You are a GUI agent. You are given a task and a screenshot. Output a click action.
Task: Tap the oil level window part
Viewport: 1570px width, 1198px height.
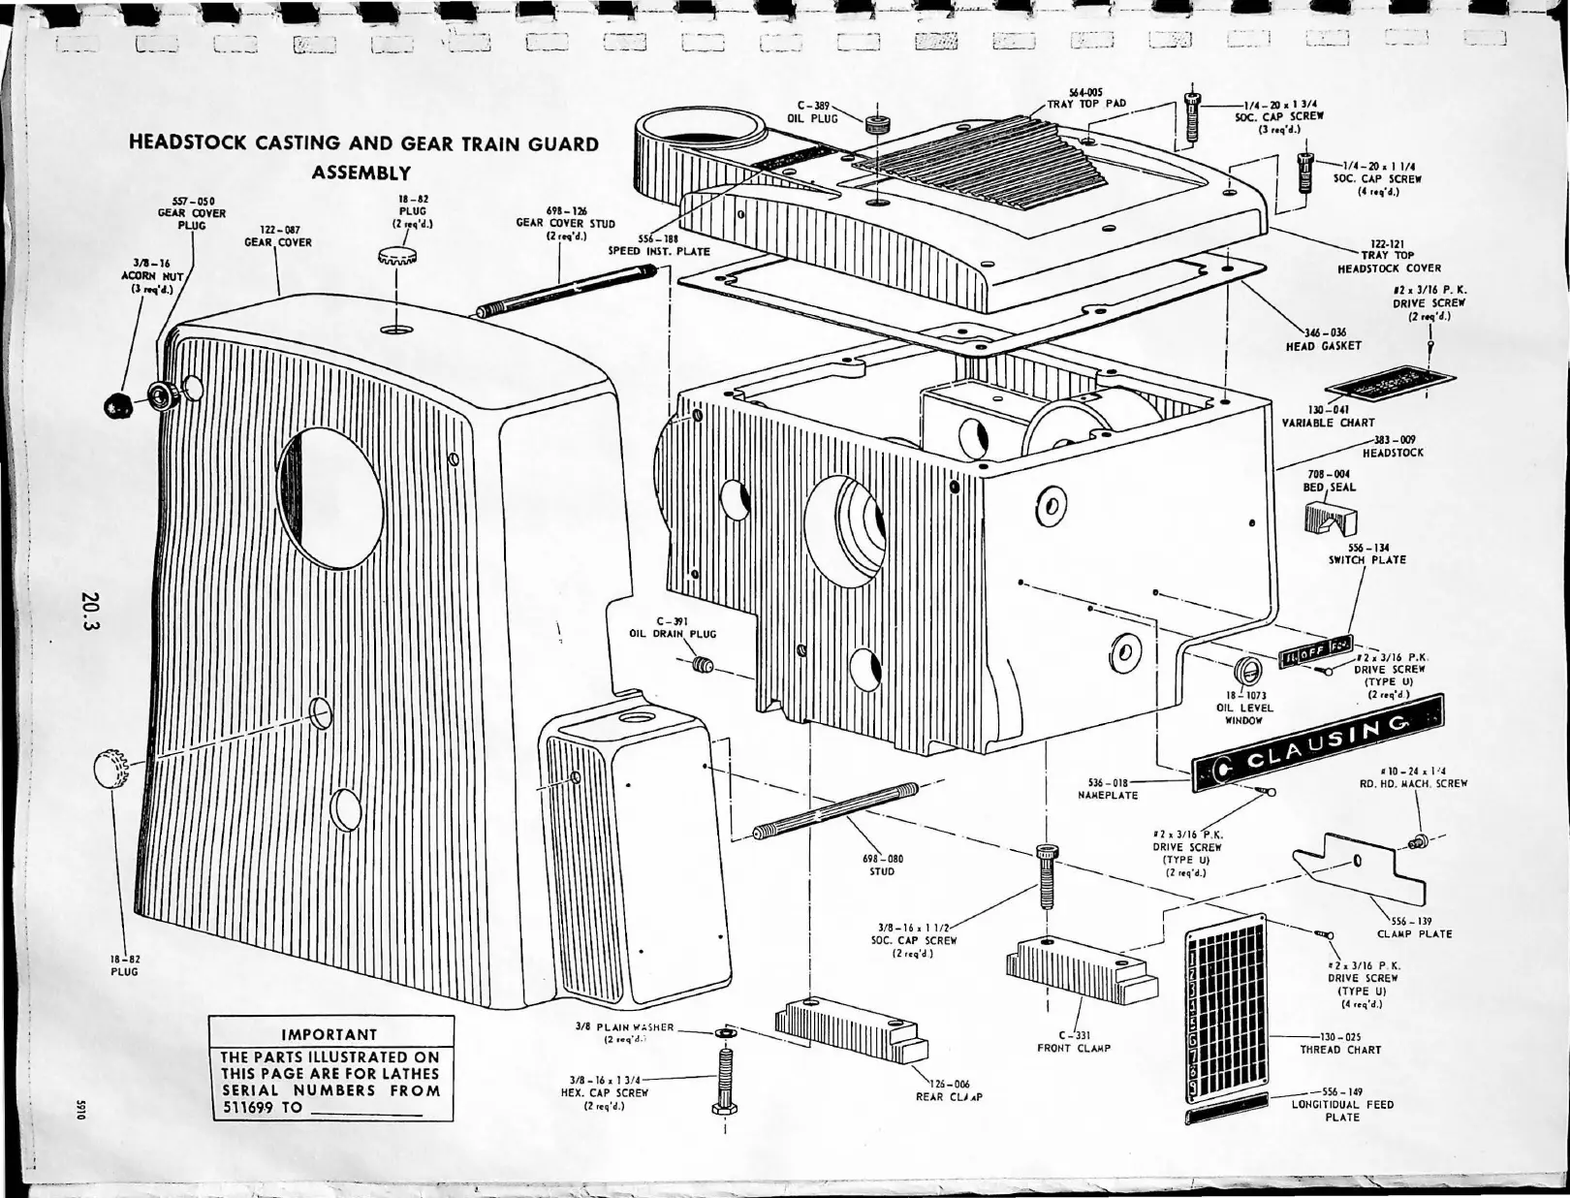(1247, 670)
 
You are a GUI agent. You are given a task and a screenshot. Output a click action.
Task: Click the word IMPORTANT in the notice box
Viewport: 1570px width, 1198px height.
(329, 1034)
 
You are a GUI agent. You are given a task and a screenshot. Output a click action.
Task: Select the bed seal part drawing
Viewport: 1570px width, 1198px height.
(1331, 520)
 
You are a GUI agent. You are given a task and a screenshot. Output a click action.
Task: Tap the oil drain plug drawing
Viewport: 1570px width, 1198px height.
(705, 665)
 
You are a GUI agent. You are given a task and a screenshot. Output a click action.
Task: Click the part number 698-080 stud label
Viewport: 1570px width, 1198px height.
(882, 858)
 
